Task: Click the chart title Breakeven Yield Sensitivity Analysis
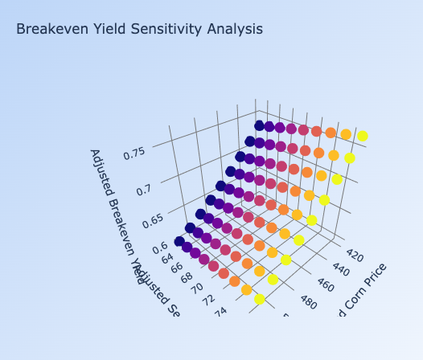(x=139, y=30)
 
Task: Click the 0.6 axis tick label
(x=160, y=246)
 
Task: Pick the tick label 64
(x=169, y=258)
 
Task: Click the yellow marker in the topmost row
(x=363, y=136)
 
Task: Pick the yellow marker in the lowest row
(x=260, y=299)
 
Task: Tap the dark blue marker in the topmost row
(x=259, y=125)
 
